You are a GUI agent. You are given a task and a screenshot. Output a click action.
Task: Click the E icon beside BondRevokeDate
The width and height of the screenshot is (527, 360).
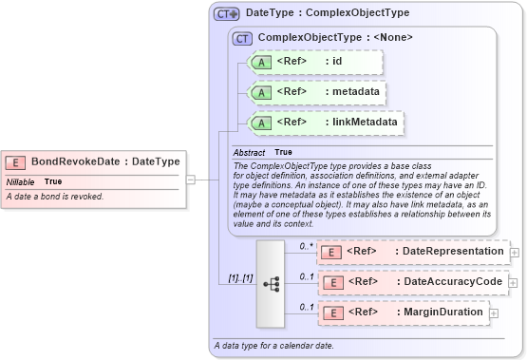[17, 161]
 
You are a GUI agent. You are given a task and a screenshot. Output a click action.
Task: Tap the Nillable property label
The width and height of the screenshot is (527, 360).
[20, 180]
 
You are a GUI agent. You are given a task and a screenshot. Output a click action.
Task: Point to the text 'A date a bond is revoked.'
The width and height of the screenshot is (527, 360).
[55, 197]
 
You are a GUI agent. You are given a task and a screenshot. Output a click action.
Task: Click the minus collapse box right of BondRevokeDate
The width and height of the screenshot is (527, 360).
[191, 178]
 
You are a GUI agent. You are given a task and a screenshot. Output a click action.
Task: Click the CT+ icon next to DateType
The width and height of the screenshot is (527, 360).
[226, 13]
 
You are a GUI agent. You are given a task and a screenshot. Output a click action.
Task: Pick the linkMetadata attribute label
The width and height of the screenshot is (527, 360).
[361, 123]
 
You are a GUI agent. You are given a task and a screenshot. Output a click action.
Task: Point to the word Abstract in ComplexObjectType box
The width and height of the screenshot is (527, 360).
[250, 152]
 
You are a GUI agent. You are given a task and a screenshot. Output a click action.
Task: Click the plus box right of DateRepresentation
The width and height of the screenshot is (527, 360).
[515, 252]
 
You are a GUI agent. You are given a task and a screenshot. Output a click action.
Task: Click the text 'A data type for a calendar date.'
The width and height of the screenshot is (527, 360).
[274, 345]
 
